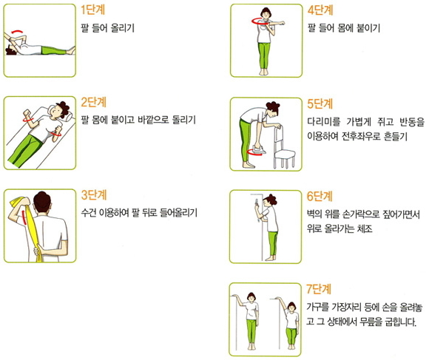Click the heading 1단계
(93, 10)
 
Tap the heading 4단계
(320, 10)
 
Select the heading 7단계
(319, 289)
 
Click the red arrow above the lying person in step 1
(17, 31)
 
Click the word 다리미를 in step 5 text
(324, 122)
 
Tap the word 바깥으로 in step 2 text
(153, 120)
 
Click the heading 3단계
(94, 195)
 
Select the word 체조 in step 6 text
(365, 228)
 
